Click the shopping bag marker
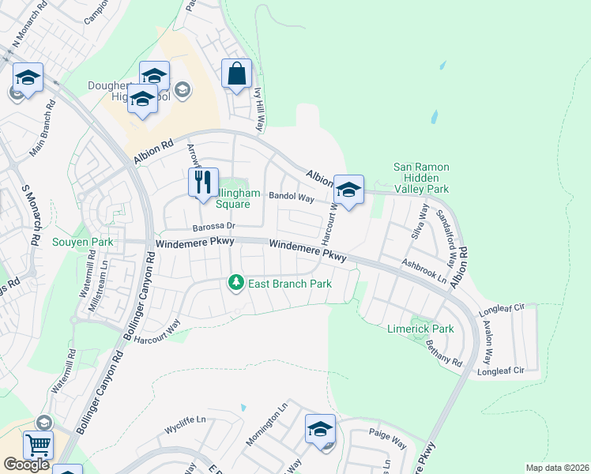(236, 75)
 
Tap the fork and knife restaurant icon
(203, 183)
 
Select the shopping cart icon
(37, 446)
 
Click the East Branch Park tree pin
(235, 282)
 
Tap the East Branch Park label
(289, 284)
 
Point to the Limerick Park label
(420, 329)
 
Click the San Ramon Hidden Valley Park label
(421, 179)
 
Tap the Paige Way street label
(387, 439)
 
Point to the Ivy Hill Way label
(258, 107)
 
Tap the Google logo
(26, 465)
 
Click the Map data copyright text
(557, 468)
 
